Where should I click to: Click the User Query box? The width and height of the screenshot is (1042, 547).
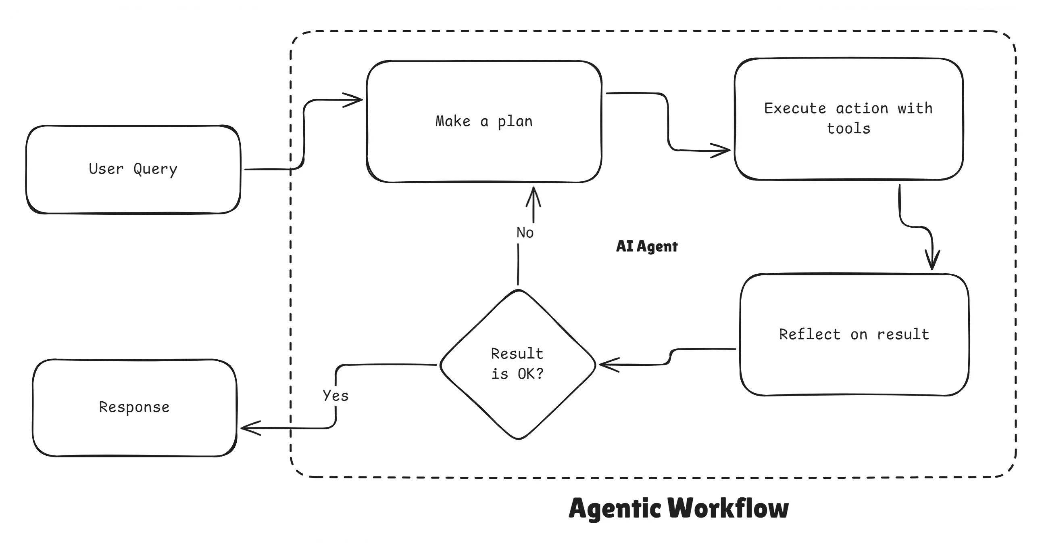tap(133, 169)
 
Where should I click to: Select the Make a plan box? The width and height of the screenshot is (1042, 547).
tap(484, 122)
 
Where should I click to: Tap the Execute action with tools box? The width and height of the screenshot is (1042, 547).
tap(848, 119)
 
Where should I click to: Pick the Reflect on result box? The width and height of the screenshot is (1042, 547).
tap(854, 334)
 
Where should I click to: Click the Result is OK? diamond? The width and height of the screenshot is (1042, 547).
tap(518, 364)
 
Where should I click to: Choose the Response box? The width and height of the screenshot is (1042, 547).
tap(134, 407)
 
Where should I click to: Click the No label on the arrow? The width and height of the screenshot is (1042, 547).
tap(525, 233)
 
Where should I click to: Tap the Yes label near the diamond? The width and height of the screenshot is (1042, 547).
tap(336, 396)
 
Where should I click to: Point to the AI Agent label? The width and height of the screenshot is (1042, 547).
tap(646, 246)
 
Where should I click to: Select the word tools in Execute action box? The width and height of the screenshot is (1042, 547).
tap(848, 129)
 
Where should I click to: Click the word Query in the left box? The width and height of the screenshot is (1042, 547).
tap(155, 169)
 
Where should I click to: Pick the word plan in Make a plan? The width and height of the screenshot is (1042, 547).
tap(515, 122)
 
